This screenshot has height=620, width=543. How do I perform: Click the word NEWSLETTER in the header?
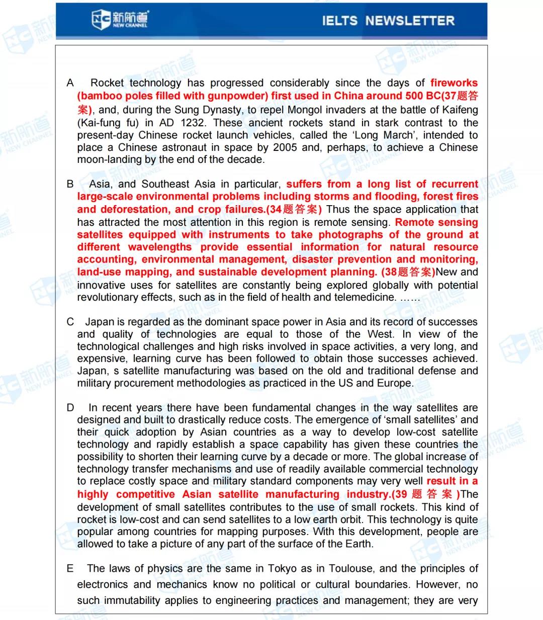tap(409, 21)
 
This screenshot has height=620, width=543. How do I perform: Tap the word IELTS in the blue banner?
tap(339, 21)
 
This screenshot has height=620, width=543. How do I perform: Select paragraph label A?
tap(70, 83)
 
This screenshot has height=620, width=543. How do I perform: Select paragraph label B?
tap(70, 184)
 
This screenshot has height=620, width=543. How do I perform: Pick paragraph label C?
tap(70, 322)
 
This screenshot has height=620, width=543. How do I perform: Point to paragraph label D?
tap(70, 408)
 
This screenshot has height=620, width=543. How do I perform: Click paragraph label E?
tap(70, 569)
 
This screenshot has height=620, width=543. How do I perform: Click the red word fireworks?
tap(454, 83)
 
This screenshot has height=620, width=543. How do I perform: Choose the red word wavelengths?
tap(160, 247)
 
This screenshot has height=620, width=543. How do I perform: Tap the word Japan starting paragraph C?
tap(100, 322)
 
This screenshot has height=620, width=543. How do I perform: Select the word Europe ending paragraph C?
tap(395, 383)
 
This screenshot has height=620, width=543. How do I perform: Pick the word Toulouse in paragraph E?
tap(351, 569)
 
